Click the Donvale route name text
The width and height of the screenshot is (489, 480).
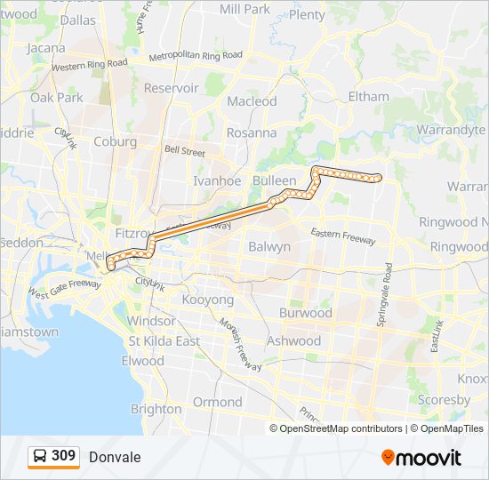click(115, 457)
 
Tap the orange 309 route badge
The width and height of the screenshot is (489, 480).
click(53, 457)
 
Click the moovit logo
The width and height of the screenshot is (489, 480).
click(421, 458)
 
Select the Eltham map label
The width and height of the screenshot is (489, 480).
click(369, 96)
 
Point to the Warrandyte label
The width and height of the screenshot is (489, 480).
click(452, 130)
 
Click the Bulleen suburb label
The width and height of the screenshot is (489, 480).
click(274, 180)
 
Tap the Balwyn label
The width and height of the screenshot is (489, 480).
click(269, 246)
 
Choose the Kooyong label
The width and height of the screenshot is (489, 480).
click(207, 300)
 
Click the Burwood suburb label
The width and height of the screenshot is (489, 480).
click(305, 313)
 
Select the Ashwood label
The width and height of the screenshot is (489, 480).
click(293, 340)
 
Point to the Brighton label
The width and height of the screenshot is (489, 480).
click(156, 409)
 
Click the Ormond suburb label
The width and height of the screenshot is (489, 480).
click(218, 402)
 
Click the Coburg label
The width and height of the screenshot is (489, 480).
click(115, 141)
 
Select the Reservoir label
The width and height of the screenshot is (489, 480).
click(171, 88)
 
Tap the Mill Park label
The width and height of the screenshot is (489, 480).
click(244, 9)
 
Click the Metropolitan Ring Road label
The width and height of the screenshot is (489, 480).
click(196, 55)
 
